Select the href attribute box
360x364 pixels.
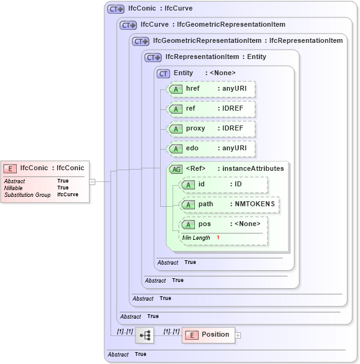coord(212,89)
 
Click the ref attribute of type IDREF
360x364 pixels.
coord(212,109)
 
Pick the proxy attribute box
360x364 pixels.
coord(212,129)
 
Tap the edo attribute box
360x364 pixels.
coord(212,148)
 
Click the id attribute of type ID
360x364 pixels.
coord(223,184)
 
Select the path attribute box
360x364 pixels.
coord(229,204)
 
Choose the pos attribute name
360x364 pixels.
coord(204,224)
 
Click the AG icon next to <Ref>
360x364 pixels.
coord(176,169)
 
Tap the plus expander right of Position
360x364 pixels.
coord(238,335)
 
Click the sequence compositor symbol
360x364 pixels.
coord(145,335)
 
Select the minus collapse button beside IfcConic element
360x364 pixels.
coord(92,182)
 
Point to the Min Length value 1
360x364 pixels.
coord(218,238)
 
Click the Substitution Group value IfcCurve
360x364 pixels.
coord(68,194)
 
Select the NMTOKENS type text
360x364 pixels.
coord(254,204)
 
